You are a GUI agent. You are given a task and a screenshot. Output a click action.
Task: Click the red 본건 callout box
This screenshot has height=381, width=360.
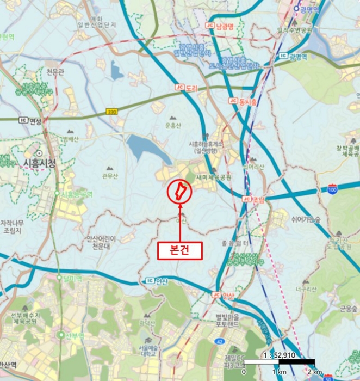[x=179, y=250]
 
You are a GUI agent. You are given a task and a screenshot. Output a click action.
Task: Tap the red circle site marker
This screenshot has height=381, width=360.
[x=179, y=192]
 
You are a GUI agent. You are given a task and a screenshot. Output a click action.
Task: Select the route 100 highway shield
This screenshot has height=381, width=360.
[x=332, y=188]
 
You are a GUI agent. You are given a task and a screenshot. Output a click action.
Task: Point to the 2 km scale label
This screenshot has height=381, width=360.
[x=314, y=371]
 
